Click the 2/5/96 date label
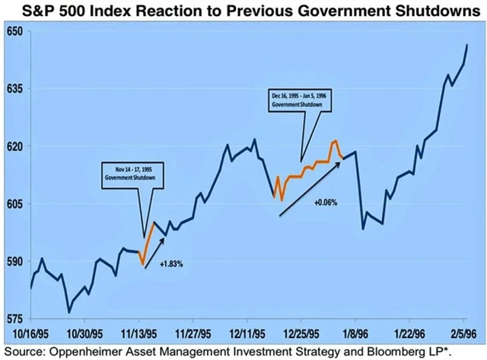(461, 334)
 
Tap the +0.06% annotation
(325, 203)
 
